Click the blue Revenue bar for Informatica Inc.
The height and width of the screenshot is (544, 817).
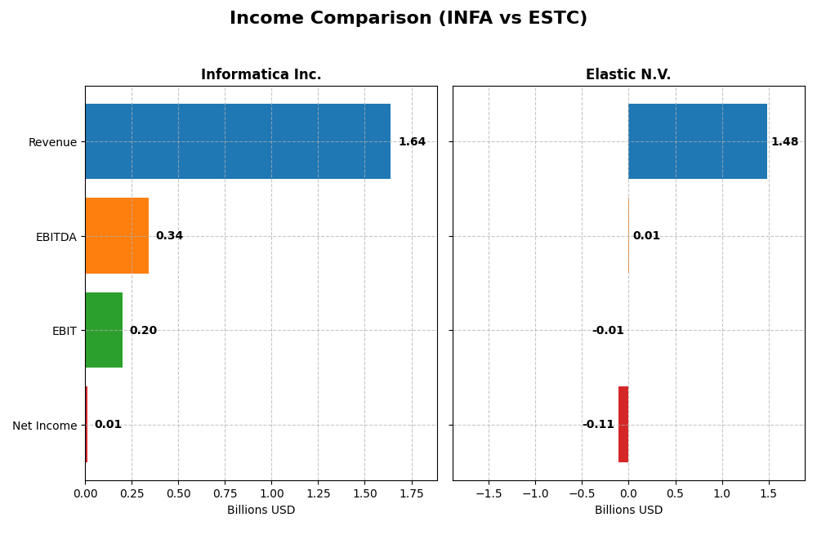tap(237, 141)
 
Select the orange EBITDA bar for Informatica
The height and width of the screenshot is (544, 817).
tap(117, 235)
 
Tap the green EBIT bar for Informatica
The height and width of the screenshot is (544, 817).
tap(104, 330)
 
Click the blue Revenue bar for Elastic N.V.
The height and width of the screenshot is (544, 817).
tap(698, 141)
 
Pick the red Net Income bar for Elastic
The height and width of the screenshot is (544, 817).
tap(623, 424)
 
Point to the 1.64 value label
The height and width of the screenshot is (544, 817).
tap(412, 142)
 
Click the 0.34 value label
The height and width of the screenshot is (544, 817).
tap(169, 236)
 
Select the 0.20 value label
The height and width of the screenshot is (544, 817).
tap(143, 331)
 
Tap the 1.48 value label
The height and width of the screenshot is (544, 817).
tap(784, 142)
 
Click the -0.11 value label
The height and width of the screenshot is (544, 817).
tap(598, 425)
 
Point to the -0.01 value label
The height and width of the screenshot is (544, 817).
tap(608, 331)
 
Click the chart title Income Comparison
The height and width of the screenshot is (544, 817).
tap(408, 18)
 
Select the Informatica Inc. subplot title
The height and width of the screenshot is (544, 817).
tap(261, 75)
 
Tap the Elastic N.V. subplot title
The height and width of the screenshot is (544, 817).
tap(628, 75)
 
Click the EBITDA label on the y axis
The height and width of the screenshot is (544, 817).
tap(56, 237)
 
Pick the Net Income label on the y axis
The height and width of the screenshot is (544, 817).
tap(44, 426)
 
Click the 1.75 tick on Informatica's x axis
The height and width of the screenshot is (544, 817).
tap(412, 494)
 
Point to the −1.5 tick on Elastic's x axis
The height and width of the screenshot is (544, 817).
tap(489, 494)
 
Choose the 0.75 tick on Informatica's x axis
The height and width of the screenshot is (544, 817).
tap(225, 494)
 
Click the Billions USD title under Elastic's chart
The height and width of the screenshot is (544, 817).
tap(628, 511)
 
